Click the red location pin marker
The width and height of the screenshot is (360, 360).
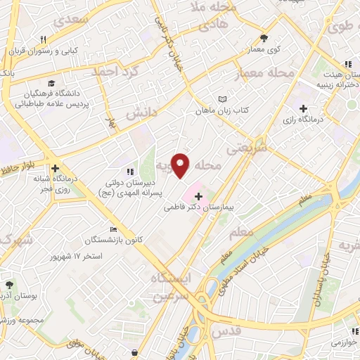pos(180,165)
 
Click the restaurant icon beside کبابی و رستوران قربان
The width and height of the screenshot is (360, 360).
pos(43,39)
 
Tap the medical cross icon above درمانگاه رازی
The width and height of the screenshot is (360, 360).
pos(303,108)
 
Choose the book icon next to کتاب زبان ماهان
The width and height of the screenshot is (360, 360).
pos(223,100)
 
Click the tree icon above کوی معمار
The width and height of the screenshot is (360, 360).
pos(264,39)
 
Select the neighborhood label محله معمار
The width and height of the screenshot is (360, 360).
pos(271,74)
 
